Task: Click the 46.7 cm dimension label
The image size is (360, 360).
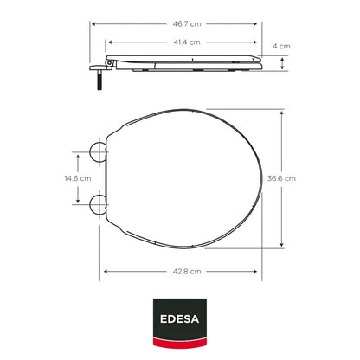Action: coord(187,24)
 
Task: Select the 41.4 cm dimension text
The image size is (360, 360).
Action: coord(187,42)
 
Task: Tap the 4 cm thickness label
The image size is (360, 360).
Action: coord(281,46)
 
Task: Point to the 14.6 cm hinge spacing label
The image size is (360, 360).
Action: coord(78,178)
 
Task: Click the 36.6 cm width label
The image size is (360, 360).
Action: coord(281,178)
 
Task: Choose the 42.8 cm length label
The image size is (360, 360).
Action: coord(187,272)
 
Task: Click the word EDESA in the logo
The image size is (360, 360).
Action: coord(179,318)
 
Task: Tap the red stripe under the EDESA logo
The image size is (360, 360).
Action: coord(180,343)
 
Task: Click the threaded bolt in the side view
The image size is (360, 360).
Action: coord(100,80)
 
